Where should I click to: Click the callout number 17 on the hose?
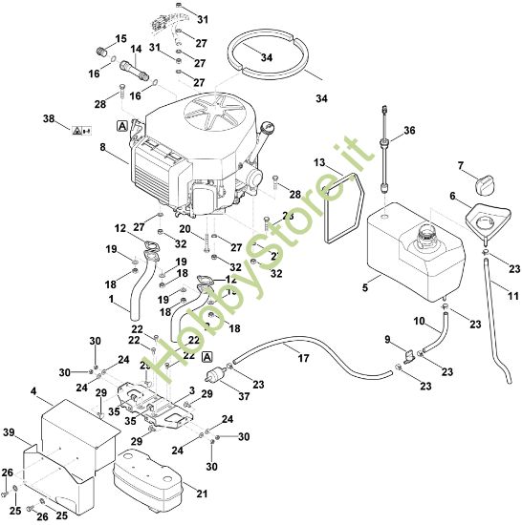(x=304, y=359)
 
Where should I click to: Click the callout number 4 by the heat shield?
(x=33, y=392)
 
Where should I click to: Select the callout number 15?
(x=120, y=39)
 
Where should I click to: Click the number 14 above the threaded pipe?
(x=135, y=49)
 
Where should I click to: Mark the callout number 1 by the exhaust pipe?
(x=111, y=301)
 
